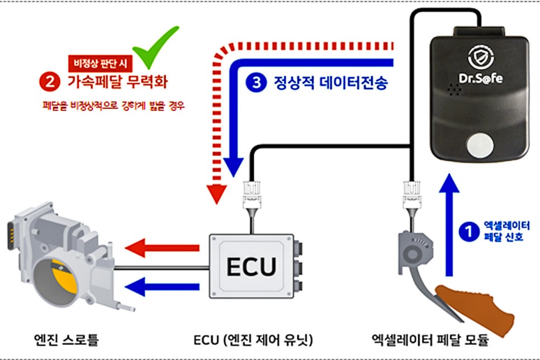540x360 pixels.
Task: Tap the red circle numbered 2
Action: (x=49, y=82)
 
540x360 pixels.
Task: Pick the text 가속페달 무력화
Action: (x=117, y=83)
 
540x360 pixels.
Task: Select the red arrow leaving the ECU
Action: (x=162, y=247)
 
